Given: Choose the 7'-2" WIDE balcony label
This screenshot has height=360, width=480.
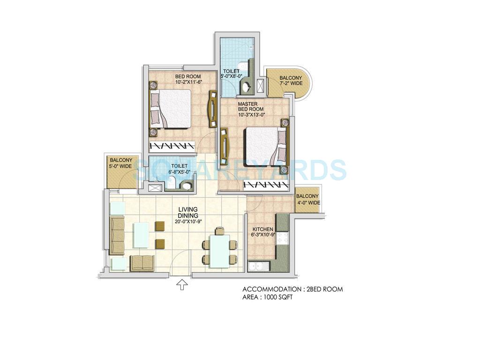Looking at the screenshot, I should [x=291, y=81].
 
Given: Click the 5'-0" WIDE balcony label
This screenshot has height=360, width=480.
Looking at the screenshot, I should [x=120, y=163].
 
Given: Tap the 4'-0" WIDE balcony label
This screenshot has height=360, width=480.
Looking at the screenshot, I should [x=307, y=199].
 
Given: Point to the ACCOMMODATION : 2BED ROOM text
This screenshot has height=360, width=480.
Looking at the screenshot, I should [x=292, y=289].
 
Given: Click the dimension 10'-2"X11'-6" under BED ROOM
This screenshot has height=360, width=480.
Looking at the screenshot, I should [x=188, y=82].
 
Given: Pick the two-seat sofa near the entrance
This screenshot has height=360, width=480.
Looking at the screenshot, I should [x=142, y=263].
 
